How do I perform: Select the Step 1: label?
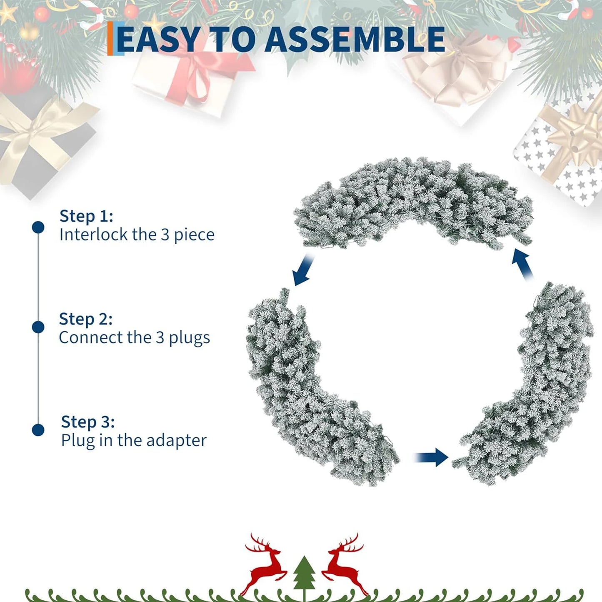pos(86,216)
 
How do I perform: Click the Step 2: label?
pos(86,319)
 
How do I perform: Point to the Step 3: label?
pos(88,422)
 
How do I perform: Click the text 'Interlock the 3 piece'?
pos(137,235)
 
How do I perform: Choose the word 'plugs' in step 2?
pos(189,338)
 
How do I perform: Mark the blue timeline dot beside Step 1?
pos(38,227)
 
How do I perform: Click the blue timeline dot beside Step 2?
pos(38,327)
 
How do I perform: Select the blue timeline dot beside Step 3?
pos(38,430)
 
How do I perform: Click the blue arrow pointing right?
pos(433,457)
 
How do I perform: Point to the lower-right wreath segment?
pos(537,387)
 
